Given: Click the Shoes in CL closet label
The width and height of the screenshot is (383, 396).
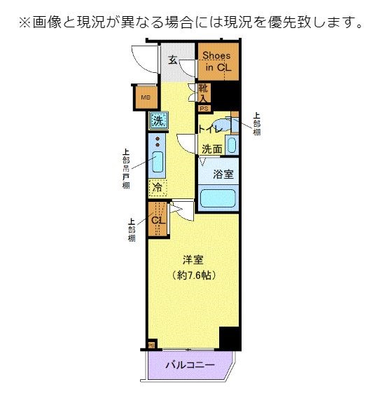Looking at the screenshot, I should click(x=218, y=62).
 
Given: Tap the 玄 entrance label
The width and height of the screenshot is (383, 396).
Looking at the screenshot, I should click(x=172, y=59).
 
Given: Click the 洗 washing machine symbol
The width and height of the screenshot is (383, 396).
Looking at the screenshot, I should click(x=158, y=120).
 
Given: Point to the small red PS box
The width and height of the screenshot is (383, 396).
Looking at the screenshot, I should click(x=204, y=109).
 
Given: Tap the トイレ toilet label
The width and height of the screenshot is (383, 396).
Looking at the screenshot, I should click(x=210, y=130).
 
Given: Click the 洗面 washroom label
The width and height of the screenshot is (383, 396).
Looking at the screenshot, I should click(x=212, y=149).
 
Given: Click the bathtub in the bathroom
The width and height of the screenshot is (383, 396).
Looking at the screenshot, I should click(x=218, y=197).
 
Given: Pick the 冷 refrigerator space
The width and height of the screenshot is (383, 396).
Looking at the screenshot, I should click(x=158, y=187).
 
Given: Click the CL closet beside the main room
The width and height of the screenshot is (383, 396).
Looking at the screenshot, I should click(x=158, y=220).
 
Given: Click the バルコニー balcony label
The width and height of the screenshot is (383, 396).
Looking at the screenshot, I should click(x=190, y=364).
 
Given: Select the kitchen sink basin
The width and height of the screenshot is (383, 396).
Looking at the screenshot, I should click(x=158, y=165).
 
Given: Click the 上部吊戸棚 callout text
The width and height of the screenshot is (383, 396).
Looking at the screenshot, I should click(x=126, y=168).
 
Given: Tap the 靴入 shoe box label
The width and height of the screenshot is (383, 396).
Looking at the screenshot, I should click(x=203, y=93).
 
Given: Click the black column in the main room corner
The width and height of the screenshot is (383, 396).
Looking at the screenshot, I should click(x=229, y=338).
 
